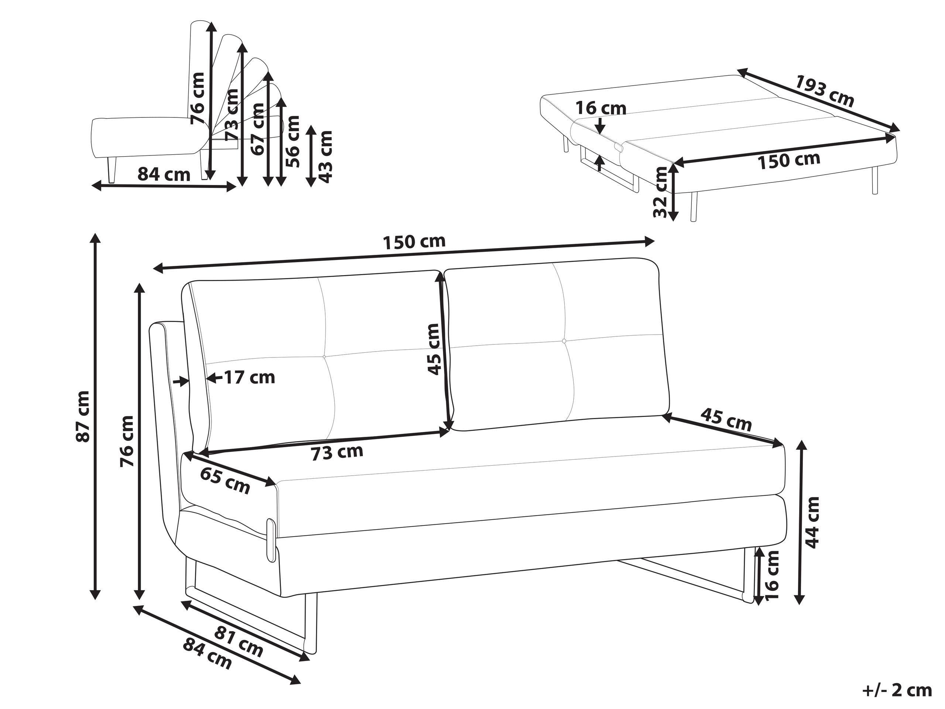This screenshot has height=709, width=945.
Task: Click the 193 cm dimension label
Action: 824,97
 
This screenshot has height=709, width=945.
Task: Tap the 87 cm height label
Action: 82,416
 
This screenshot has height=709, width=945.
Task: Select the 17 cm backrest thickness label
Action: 250,378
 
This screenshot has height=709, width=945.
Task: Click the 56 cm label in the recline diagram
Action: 293,141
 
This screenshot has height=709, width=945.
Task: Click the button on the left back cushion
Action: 324,356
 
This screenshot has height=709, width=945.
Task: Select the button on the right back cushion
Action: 564,340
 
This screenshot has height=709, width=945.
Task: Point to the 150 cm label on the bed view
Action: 788,160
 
